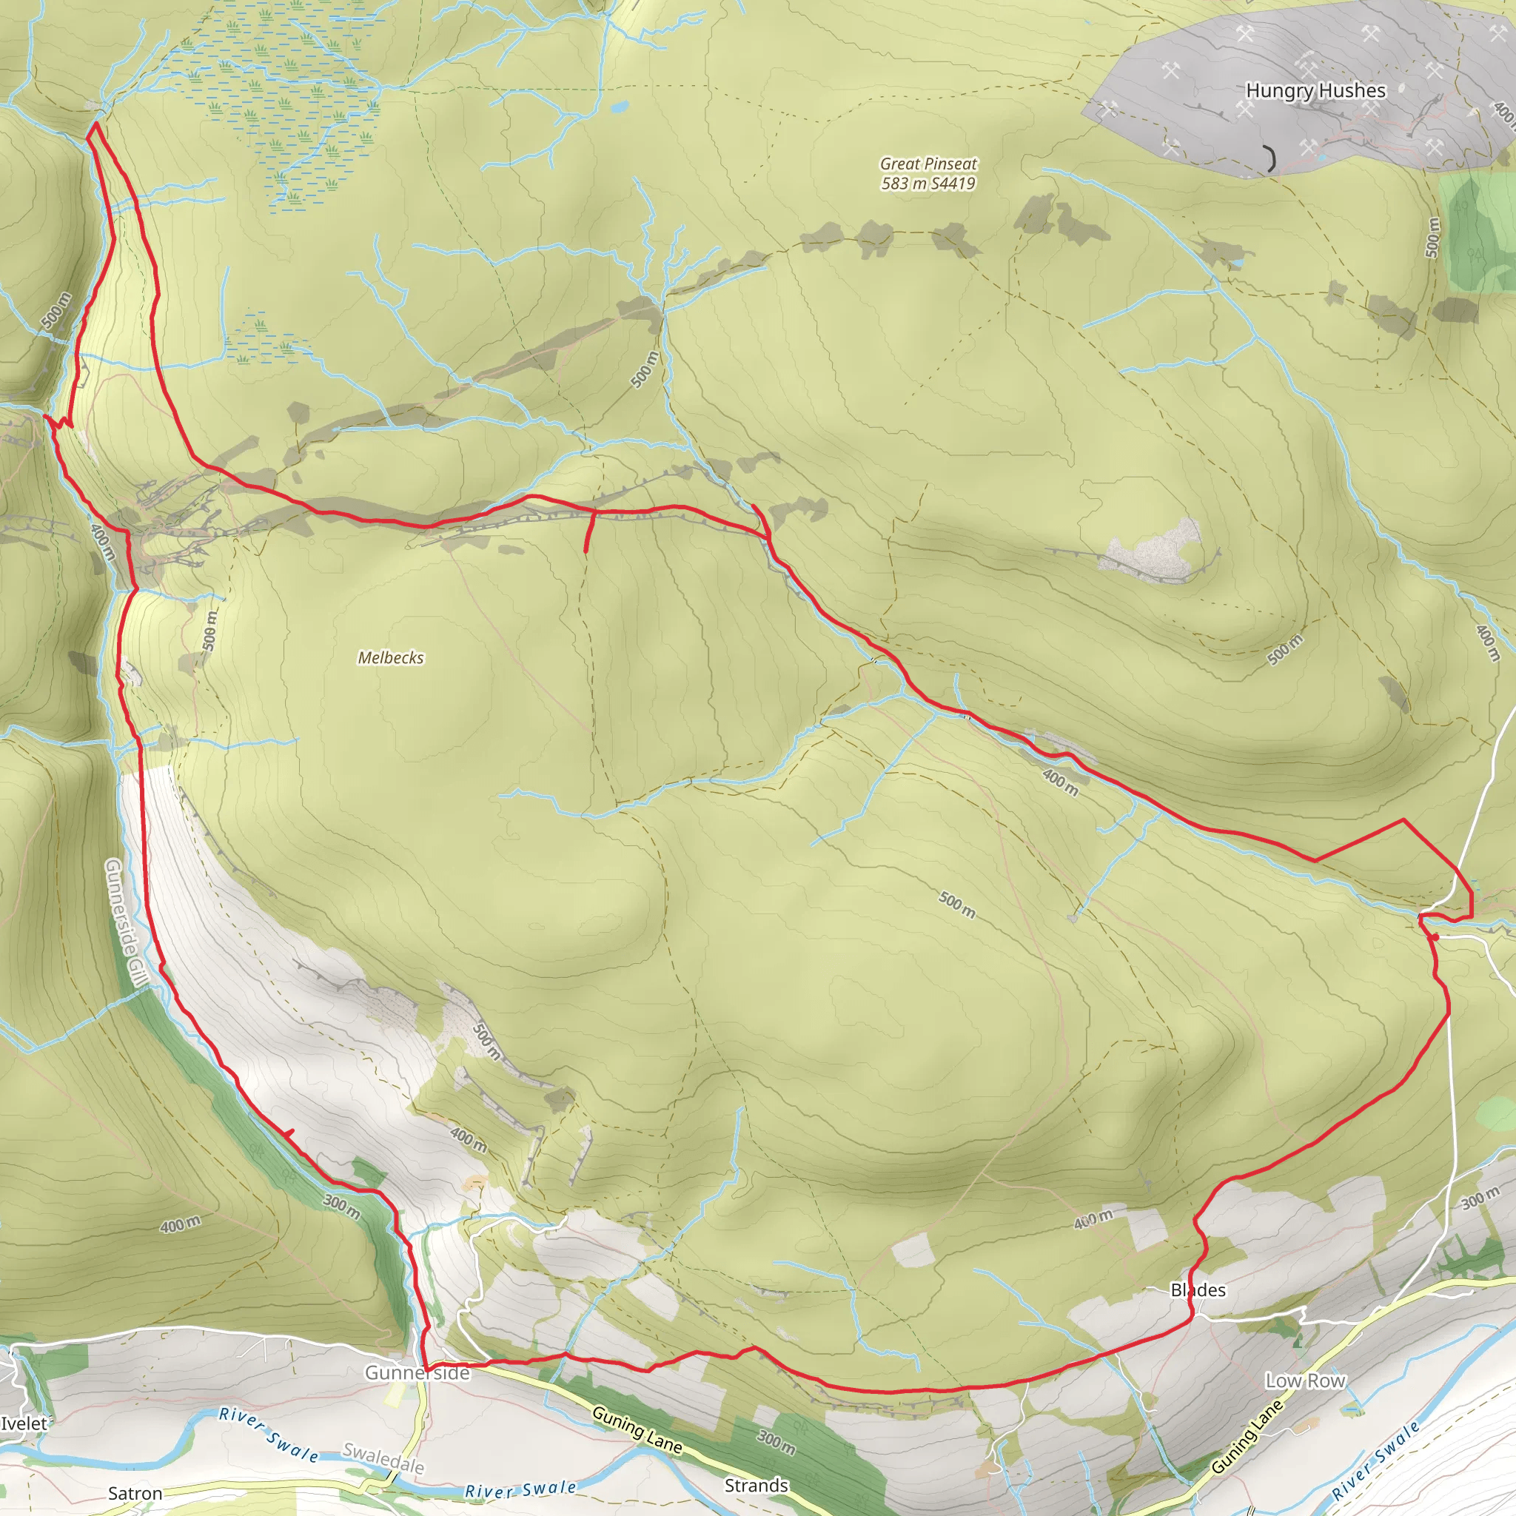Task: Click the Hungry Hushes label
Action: [1315, 91]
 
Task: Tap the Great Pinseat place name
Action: [928, 164]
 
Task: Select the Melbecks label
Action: [391, 657]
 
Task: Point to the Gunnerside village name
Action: [417, 1372]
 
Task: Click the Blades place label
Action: [1198, 1290]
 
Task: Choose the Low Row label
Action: [1305, 1381]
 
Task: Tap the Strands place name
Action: [756, 1486]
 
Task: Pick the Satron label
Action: [135, 1493]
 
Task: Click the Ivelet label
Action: [24, 1423]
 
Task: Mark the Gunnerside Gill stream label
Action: [126, 923]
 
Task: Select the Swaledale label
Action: [383, 1460]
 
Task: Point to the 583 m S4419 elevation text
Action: [928, 184]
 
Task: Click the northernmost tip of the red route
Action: [95, 123]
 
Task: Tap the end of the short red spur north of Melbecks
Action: [586, 551]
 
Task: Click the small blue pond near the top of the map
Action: [620, 104]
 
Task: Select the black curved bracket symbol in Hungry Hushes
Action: [1270, 158]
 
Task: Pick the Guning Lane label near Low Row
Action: [1247, 1436]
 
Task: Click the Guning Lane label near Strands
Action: [637, 1429]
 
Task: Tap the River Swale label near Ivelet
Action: [269, 1435]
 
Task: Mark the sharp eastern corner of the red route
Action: [1403, 820]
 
